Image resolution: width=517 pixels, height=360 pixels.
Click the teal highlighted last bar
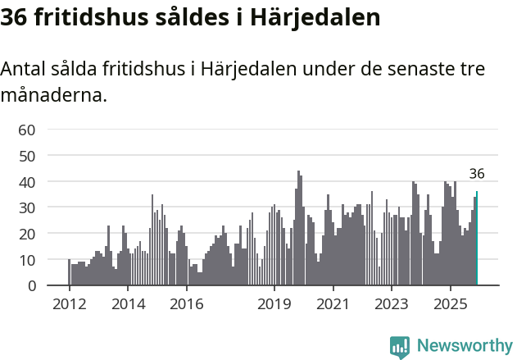[477, 239]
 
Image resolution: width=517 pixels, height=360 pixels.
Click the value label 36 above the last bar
[477, 174]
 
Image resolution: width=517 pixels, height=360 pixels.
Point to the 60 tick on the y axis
[27, 130]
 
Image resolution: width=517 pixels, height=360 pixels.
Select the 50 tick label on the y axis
[27, 156]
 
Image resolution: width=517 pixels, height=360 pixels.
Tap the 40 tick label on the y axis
[27, 181]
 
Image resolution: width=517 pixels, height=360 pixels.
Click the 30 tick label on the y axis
[27, 207]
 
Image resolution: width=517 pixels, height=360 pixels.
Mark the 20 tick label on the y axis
[27, 234]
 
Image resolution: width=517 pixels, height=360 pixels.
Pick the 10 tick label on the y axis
[27, 260]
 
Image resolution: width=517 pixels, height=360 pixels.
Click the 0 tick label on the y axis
[31, 286]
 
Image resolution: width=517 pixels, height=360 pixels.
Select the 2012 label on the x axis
[69, 304]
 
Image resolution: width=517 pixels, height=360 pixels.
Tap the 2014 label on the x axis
[128, 304]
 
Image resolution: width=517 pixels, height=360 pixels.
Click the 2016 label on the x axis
[187, 304]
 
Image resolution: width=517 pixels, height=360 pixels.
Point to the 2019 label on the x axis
[274, 304]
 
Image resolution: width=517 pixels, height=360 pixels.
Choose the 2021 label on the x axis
[333, 304]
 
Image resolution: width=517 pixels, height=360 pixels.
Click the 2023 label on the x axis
[392, 304]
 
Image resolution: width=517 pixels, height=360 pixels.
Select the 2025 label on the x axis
[450, 304]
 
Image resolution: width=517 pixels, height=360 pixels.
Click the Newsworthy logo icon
[400, 346]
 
